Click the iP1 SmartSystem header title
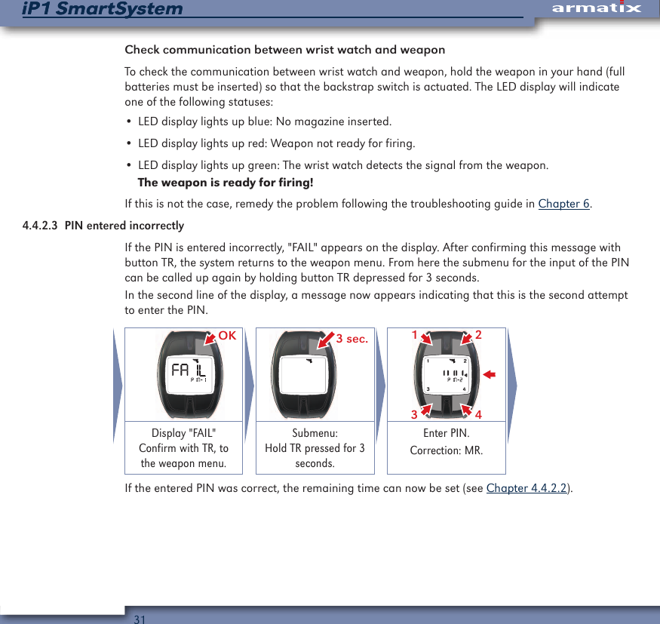pyautogui.click(x=103, y=9)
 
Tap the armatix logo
pyautogui.click(x=596, y=8)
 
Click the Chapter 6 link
pyautogui.click(x=563, y=204)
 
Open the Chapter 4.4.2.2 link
pyautogui.click(x=527, y=487)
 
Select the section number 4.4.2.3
pyautogui.click(x=41, y=226)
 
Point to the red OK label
pyautogui.click(x=227, y=337)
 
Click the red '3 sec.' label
pyautogui.click(x=351, y=339)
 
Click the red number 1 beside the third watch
pyautogui.click(x=413, y=334)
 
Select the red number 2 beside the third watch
pyautogui.click(x=479, y=334)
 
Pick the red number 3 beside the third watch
pyautogui.click(x=413, y=415)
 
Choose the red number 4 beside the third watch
pyautogui.click(x=479, y=415)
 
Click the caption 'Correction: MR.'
pyautogui.click(x=446, y=450)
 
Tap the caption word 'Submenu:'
pyautogui.click(x=315, y=433)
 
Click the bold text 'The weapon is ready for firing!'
pyautogui.click(x=225, y=183)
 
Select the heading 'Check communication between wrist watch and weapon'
pyautogui.click(x=284, y=51)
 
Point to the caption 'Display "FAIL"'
pyautogui.click(x=183, y=433)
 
